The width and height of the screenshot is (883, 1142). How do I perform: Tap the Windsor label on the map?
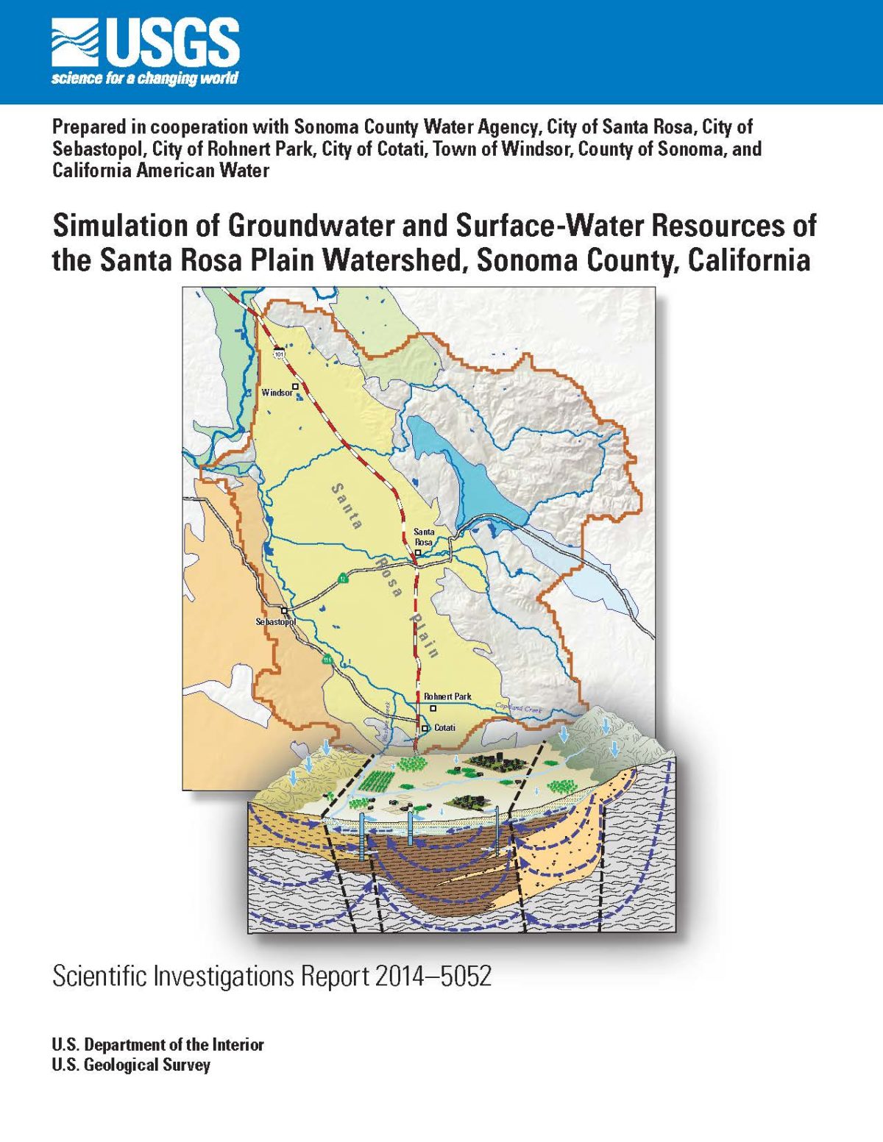(x=277, y=393)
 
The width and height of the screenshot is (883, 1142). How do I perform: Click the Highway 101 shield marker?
(x=279, y=354)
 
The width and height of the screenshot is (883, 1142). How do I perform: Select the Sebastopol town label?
(x=275, y=622)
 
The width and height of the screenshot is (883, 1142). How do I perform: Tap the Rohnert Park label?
(x=447, y=696)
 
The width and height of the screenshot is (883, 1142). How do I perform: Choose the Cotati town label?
(x=444, y=728)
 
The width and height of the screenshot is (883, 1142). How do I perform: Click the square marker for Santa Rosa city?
(x=418, y=552)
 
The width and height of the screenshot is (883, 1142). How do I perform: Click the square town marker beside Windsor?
(x=296, y=385)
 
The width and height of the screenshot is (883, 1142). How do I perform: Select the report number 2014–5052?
(x=433, y=977)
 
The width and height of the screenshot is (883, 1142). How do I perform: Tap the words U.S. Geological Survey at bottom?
(x=131, y=1065)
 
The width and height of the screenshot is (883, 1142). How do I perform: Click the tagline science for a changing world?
(x=145, y=79)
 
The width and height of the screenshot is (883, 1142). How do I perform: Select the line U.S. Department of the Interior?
(x=157, y=1044)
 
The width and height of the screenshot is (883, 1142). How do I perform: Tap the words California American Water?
(x=160, y=171)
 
